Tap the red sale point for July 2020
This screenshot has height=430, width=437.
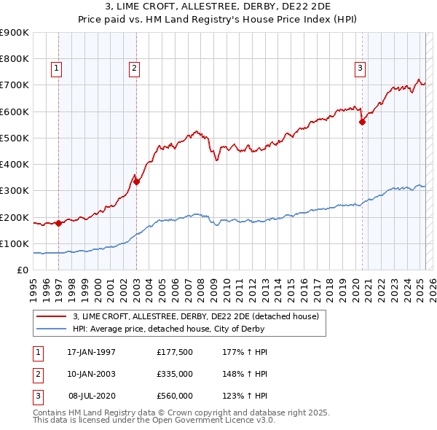[362, 122]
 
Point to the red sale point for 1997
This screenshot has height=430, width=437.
[58, 223]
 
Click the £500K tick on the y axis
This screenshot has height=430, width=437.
[15, 138]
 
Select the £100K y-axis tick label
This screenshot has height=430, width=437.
[15, 243]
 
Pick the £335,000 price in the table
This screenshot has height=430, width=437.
[175, 374]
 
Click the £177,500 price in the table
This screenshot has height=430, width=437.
[175, 352]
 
